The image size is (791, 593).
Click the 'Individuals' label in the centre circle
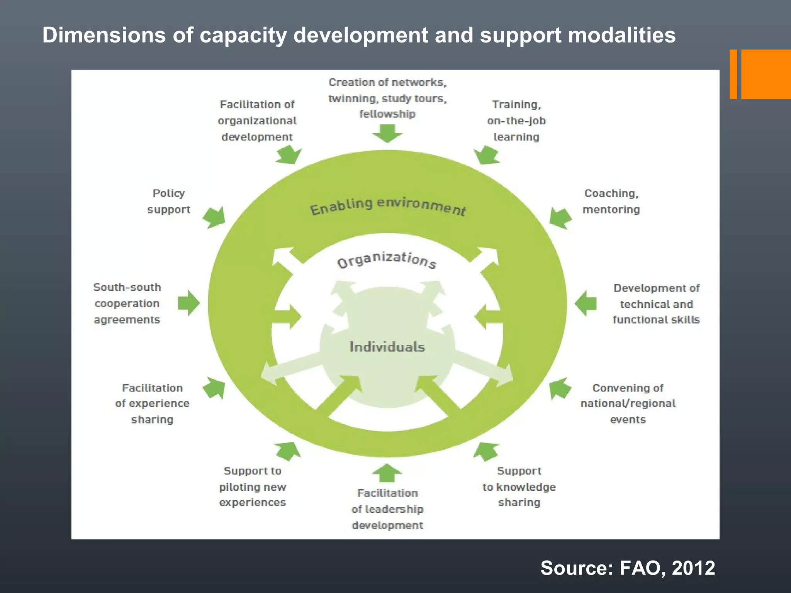click(x=387, y=347)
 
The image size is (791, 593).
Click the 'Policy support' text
click(x=169, y=201)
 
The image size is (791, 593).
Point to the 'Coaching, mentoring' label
click(x=611, y=201)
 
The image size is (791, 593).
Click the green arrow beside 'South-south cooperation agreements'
click(x=189, y=303)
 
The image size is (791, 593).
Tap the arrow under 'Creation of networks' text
click(x=387, y=133)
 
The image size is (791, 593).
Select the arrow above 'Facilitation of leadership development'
click(x=387, y=473)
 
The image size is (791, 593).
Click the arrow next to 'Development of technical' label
click(x=586, y=303)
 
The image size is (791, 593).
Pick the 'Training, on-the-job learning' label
click(x=516, y=120)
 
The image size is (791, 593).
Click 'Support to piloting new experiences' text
click(x=252, y=486)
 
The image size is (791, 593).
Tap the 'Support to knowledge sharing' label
click(x=519, y=486)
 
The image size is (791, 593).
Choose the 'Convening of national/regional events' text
click(x=628, y=403)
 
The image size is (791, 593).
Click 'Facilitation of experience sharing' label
click(x=152, y=403)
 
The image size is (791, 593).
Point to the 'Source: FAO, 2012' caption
click(x=628, y=568)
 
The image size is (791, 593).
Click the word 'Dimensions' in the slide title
click(x=104, y=35)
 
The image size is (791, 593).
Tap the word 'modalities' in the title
click(x=622, y=35)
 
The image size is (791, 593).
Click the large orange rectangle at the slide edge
click(x=766, y=74)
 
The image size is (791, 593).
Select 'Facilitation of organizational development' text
click(x=257, y=120)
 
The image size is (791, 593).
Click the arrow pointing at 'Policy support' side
click(x=214, y=217)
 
